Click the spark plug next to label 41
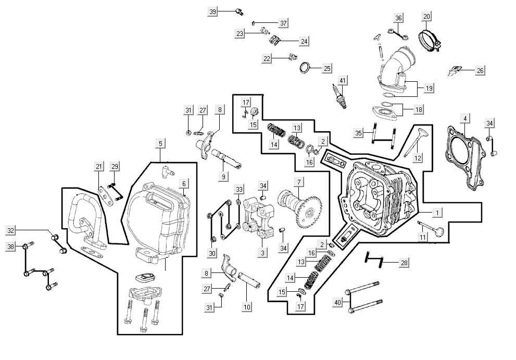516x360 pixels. point(342,97)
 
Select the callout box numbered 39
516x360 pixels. point(212,11)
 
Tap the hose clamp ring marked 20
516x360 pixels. point(430,38)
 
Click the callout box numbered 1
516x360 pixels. point(438,212)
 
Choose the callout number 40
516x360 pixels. point(337,302)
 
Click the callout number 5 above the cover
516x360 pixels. point(160,143)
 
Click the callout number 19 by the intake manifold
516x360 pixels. point(429,88)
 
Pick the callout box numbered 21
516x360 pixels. point(99,166)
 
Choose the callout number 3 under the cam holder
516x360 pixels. point(263,253)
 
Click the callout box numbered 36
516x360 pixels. point(398,18)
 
